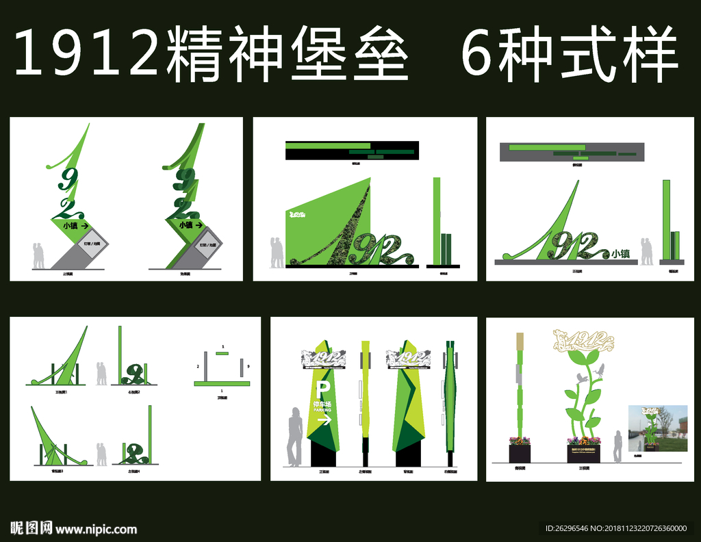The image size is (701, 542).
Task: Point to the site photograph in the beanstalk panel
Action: coord(657,428)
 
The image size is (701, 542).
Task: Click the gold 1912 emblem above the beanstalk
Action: coord(582,340)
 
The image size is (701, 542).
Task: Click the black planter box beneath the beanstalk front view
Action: coord(583,452)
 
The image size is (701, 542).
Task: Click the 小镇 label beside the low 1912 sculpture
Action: coord(620,253)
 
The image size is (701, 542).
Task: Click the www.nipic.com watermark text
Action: coord(96,529)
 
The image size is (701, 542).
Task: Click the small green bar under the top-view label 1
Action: coord(222,353)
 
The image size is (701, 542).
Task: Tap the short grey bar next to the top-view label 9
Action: coord(242,367)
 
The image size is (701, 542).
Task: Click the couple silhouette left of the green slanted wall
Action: coord(276,252)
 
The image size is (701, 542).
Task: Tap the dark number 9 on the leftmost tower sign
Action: coord(66,179)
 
